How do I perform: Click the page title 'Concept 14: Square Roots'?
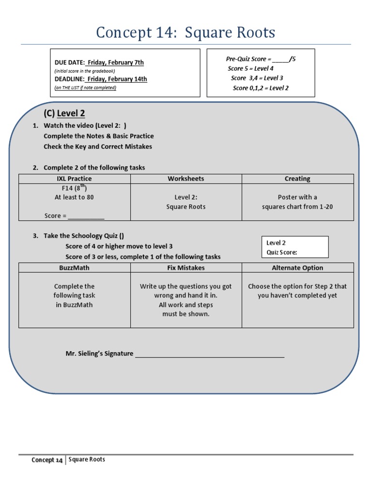(x=186, y=32)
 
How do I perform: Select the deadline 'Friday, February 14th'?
(x=117, y=79)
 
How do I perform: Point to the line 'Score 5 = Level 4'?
(x=250, y=68)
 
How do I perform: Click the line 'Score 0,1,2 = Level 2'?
(x=261, y=88)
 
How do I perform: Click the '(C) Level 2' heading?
(x=64, y=113)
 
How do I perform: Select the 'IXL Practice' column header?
(x=74, y=179)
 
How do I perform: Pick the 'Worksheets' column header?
(x=186, y=179)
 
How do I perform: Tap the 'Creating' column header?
(x=297, y=179)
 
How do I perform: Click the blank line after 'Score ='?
(x=86, y=216)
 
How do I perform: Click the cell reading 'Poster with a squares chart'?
(x=297, y=202)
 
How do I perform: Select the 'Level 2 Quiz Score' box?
(x=294, y=247)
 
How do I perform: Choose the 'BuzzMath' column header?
(x=74, y=268)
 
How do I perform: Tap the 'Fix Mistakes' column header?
(x=186, y=268)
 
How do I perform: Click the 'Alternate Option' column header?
(x=297, y=268)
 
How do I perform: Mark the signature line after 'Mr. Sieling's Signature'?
(x=209, y=354)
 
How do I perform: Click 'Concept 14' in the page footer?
(x=47, y=460)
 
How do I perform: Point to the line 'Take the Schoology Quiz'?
(x=83, y=236)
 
